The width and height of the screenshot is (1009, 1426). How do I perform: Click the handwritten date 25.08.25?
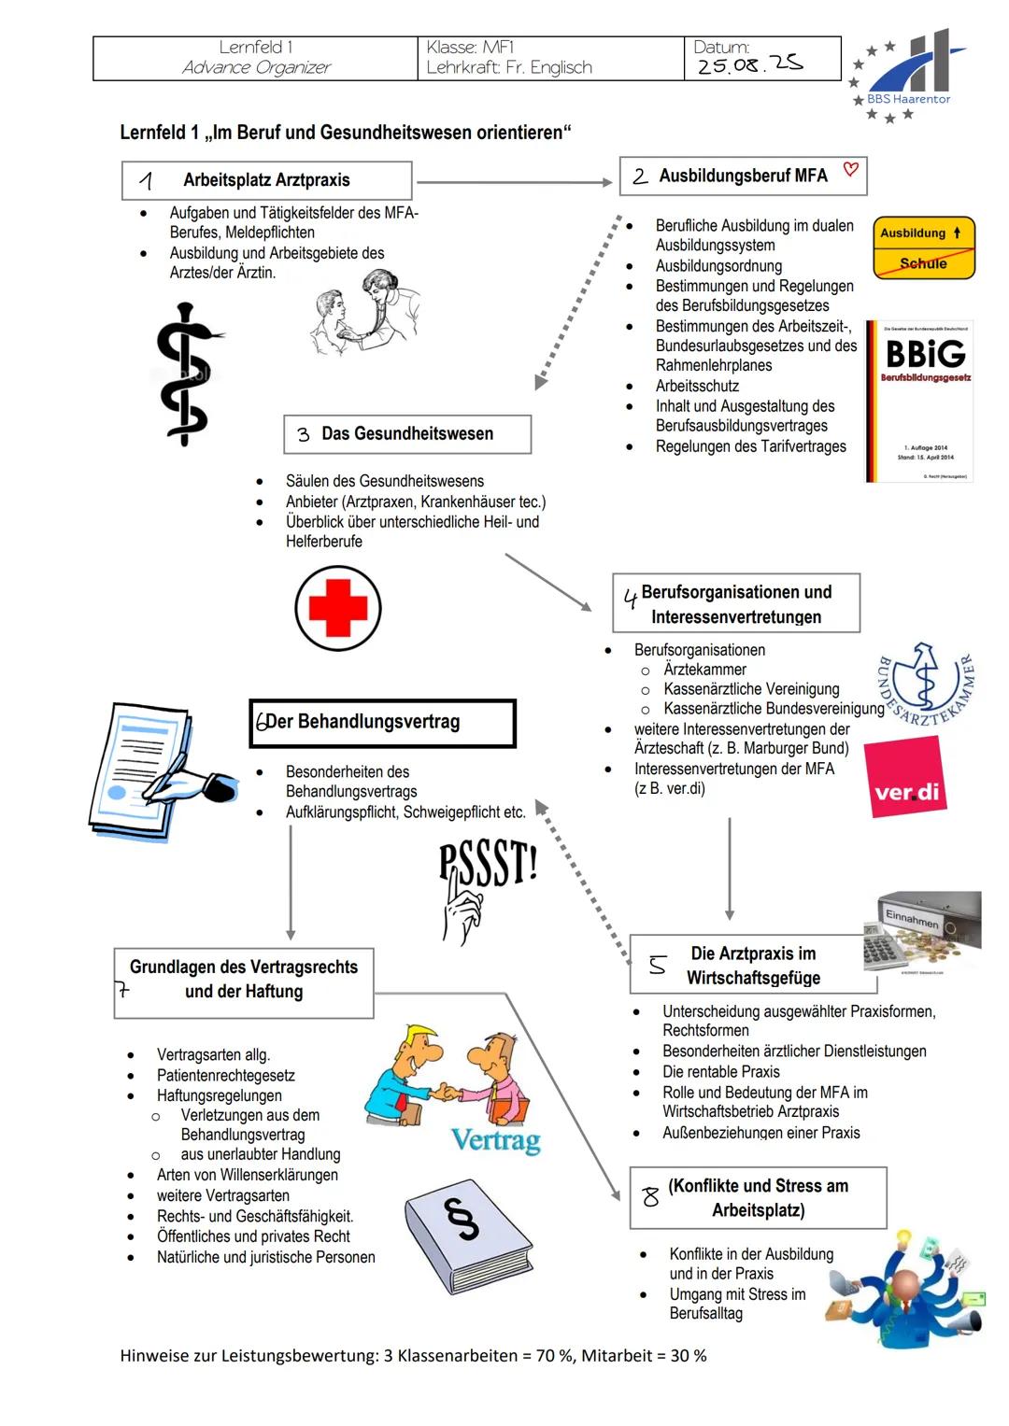click(749, 64)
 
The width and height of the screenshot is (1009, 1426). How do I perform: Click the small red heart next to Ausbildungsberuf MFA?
click(850, 169)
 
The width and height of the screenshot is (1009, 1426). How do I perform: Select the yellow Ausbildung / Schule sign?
click(924, 247)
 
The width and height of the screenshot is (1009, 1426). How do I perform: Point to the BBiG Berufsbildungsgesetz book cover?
click(919, 401)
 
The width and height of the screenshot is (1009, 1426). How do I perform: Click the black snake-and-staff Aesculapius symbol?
click(187, 374)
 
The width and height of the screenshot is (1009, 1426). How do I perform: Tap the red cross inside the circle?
click(337, 608)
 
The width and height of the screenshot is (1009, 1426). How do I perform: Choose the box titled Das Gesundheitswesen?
click(407, 434)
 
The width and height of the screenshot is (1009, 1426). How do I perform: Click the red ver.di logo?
click(906, 777)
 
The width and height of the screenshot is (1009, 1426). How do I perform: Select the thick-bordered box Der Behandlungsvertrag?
click(382, 723)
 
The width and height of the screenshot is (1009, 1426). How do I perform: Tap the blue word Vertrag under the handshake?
click(496, 1140)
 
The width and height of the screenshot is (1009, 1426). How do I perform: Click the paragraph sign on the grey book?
click(462, 1219)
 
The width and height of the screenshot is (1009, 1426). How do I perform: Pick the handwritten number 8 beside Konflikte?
click(650, 1197)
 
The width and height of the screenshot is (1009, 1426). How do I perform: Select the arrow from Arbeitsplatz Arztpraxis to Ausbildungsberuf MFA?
click(514, 183)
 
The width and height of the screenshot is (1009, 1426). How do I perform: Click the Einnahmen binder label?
click(912, 919)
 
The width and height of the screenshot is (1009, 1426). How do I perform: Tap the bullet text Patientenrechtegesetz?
click(225, 1075)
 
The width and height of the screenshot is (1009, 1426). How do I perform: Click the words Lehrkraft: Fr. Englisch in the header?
click(509, 67)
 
